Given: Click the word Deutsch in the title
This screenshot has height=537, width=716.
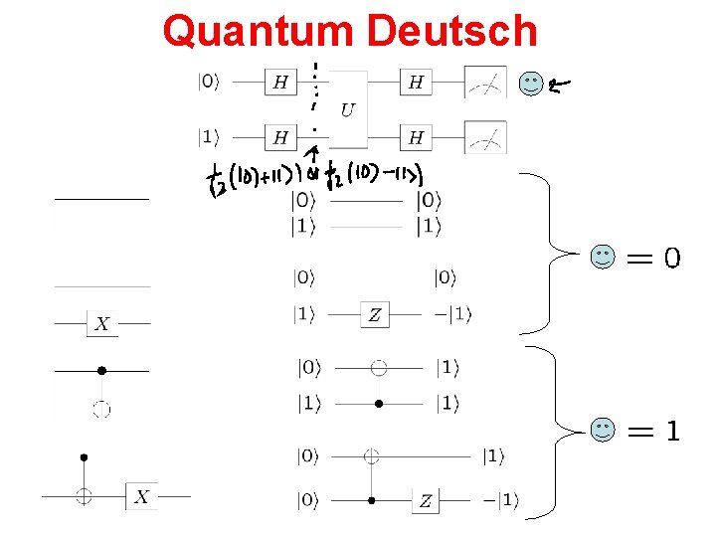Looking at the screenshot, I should [x=452, y=31].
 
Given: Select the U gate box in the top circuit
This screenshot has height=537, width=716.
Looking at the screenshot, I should [x=346, y=109].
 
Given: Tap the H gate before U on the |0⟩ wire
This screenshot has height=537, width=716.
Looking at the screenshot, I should [x=280, y=83].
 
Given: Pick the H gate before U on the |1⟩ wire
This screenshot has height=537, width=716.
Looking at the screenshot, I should [x=280, y=137].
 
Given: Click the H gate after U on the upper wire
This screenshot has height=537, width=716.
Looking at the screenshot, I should [x=416, y=83].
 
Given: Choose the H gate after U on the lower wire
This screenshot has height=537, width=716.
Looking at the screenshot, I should [x=416, y=137].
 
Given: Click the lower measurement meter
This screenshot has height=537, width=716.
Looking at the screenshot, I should [x=485, y=137].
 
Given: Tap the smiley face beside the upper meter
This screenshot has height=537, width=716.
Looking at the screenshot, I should [x=532, y=84].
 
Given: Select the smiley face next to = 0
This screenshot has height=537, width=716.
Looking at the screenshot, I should [x=603, y=258].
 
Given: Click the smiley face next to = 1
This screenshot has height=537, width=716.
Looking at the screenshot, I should [x=603, y=430].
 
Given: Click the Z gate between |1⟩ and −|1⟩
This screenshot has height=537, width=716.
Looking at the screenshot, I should [x=375, y=315].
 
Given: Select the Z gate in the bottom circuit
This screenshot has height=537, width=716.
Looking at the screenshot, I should [x=426, y=500].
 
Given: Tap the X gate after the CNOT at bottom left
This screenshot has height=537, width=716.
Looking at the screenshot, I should [x=142, y=495].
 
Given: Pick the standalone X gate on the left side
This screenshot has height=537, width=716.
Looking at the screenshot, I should [x=101, y=323].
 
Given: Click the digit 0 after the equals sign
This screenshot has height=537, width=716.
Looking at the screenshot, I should [x=672, y=259].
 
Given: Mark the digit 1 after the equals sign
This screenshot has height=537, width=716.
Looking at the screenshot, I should [x=672, y=431].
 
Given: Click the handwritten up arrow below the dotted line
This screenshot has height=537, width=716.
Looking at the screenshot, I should [x=314, y=156].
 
